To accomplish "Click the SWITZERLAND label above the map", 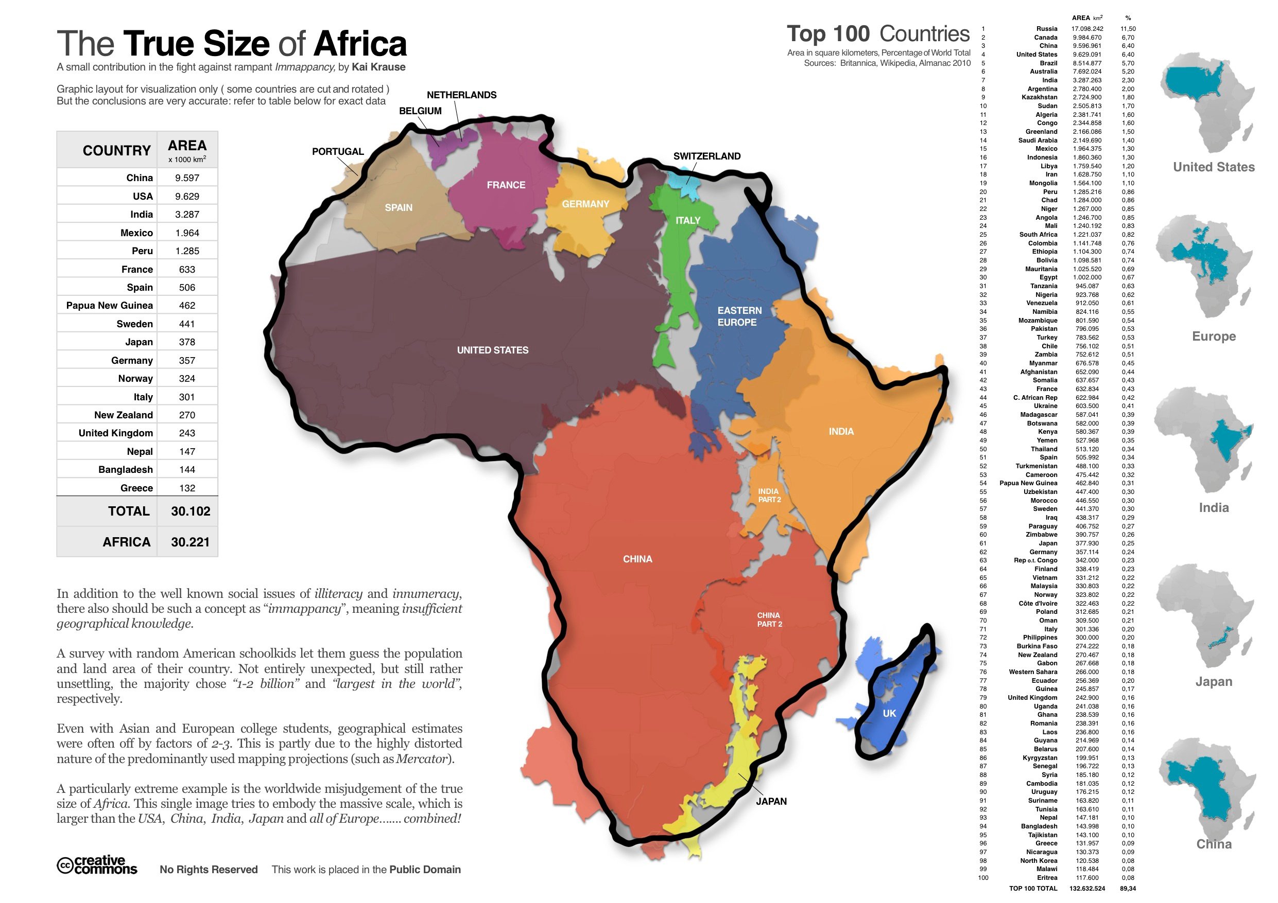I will (706, 156).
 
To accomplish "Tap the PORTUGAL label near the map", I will (337, 151).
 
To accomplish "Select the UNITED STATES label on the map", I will (493, 350).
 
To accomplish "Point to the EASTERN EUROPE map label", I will (739, 316).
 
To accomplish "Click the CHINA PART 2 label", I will (769, 619).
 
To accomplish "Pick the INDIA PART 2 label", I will (769, 495).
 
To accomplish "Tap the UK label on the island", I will (889, 713).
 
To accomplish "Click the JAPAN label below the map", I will (771, 801).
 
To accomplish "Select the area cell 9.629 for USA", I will (187, 197).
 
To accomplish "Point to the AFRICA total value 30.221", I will (190, 542).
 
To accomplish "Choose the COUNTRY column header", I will (116, 151).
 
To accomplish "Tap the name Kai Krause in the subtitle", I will (378, 67).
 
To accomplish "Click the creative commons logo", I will (97, 865).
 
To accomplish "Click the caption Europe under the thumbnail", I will (1214, 336).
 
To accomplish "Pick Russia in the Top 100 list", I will (1046, 29).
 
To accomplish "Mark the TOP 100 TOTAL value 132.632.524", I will (1086, 889).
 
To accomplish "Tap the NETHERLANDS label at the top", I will (461, 95).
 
